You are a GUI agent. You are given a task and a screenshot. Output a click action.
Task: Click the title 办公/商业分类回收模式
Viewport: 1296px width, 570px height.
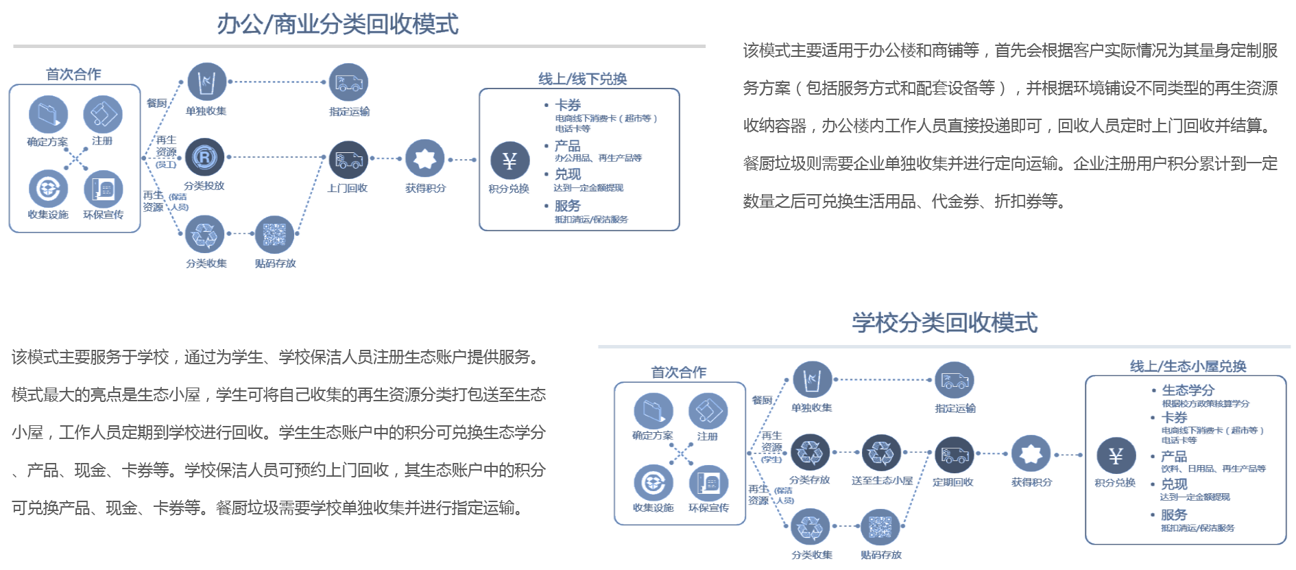pyautogui.click(x=337, y=25)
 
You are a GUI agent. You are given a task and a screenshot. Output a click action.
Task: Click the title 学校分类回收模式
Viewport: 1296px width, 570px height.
pyautogui.click(x=945, y=322)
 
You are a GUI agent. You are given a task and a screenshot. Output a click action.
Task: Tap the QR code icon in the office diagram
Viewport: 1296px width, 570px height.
pyautogui.click(x=274, y=235)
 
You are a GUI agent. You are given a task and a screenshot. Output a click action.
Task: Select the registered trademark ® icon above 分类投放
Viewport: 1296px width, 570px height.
pyautogui.click(x=205, y=157)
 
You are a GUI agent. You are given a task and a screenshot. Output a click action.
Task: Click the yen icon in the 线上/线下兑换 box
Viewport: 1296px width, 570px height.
pyautogui.click(x=509, y=161)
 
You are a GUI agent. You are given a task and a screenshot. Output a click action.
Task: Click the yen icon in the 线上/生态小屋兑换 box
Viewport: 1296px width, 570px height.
pyautogui.click(x=1115, y=455)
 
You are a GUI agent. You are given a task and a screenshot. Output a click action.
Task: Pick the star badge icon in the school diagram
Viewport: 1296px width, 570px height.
pyautogui.click(x=1031, y=453)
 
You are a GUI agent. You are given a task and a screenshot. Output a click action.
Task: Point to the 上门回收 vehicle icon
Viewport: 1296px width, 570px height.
pyautogui.click(x=348, y=161)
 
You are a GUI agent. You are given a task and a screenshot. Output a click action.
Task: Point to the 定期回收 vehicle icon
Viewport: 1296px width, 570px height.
pyautogui.click(x=953, y=453)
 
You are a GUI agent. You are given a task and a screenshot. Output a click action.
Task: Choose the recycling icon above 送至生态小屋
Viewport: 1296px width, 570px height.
pyautogui.click(x=880, y=453)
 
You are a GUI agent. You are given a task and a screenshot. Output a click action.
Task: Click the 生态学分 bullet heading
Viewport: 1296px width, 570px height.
pyautogui.click(x=1188, y=390)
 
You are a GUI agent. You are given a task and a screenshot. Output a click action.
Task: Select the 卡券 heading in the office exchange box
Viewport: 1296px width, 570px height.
pyautogui.click(x=568, y=105)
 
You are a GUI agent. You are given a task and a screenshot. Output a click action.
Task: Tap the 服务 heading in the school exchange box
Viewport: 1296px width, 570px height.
pyautogui.click(x=1173, y=514)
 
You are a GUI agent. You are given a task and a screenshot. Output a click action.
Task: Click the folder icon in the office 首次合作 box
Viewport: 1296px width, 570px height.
pyautogui.click(x=48, y=114)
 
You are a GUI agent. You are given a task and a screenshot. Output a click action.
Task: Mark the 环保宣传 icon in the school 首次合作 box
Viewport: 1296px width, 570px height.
pyautogui.click(x=708, y=483)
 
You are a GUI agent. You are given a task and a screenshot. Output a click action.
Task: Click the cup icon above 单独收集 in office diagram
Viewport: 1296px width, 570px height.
pyautogui.click(x=206, y=82)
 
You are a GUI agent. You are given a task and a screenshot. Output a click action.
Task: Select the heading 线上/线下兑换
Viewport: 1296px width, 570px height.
pyautogui.click(x=582, y=79)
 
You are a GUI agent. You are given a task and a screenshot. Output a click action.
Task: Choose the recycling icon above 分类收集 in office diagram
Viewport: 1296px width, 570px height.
pyautogui.click(x=204, y=235)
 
